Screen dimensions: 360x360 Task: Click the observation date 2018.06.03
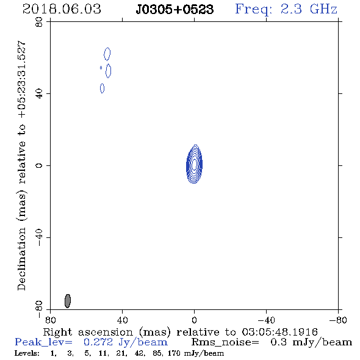(x=62, y=9)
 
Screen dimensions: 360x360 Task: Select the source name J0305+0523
(x=175, y=9)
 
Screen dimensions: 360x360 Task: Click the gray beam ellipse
(x=68, y=301)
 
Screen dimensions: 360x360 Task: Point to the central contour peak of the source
(x=194, y=164)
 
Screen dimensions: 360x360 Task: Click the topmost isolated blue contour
(x=107, y=54)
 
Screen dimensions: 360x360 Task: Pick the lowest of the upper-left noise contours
(x=102, y=88)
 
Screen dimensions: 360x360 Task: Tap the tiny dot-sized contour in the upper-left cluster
(x=101, y=68)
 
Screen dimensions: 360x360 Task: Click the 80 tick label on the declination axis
(x=39, y=22)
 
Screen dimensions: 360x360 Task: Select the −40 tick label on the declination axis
(x=39, y=237)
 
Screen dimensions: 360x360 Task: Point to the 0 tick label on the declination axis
(x=39, y=165)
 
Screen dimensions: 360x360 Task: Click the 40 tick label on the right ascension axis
(x=122, y=320)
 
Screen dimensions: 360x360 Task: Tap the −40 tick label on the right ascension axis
(x=266, y=320)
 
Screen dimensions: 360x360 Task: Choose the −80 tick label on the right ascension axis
(x=338, y=320)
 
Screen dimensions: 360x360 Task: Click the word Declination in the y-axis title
(x=21, y=259)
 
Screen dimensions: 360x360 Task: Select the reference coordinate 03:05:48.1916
(x=279, y=332)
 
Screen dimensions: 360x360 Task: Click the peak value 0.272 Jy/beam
(x=126, y=342)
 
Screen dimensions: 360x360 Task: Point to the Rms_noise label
(x=225, y=342)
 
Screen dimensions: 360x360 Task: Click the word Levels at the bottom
(x=27, y=353)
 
